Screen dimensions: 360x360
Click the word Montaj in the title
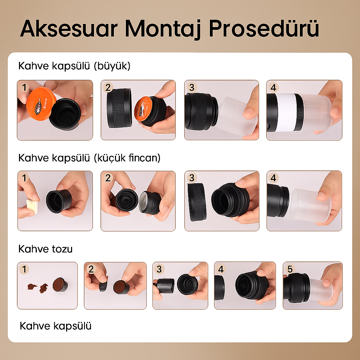(164, 29)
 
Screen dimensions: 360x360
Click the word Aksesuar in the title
(69, 29)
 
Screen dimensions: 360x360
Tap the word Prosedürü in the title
(264, 29)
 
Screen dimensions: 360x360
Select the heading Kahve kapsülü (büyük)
(74, 66)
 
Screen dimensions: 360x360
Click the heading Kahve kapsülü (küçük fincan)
(89, 158)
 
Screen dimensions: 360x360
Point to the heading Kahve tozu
(45, 249)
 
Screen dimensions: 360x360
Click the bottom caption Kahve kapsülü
(56, 326)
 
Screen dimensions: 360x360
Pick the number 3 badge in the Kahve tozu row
(160, 269)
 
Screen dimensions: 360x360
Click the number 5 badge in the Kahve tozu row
(290, 269)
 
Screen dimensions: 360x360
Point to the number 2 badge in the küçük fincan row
(108, 178)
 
